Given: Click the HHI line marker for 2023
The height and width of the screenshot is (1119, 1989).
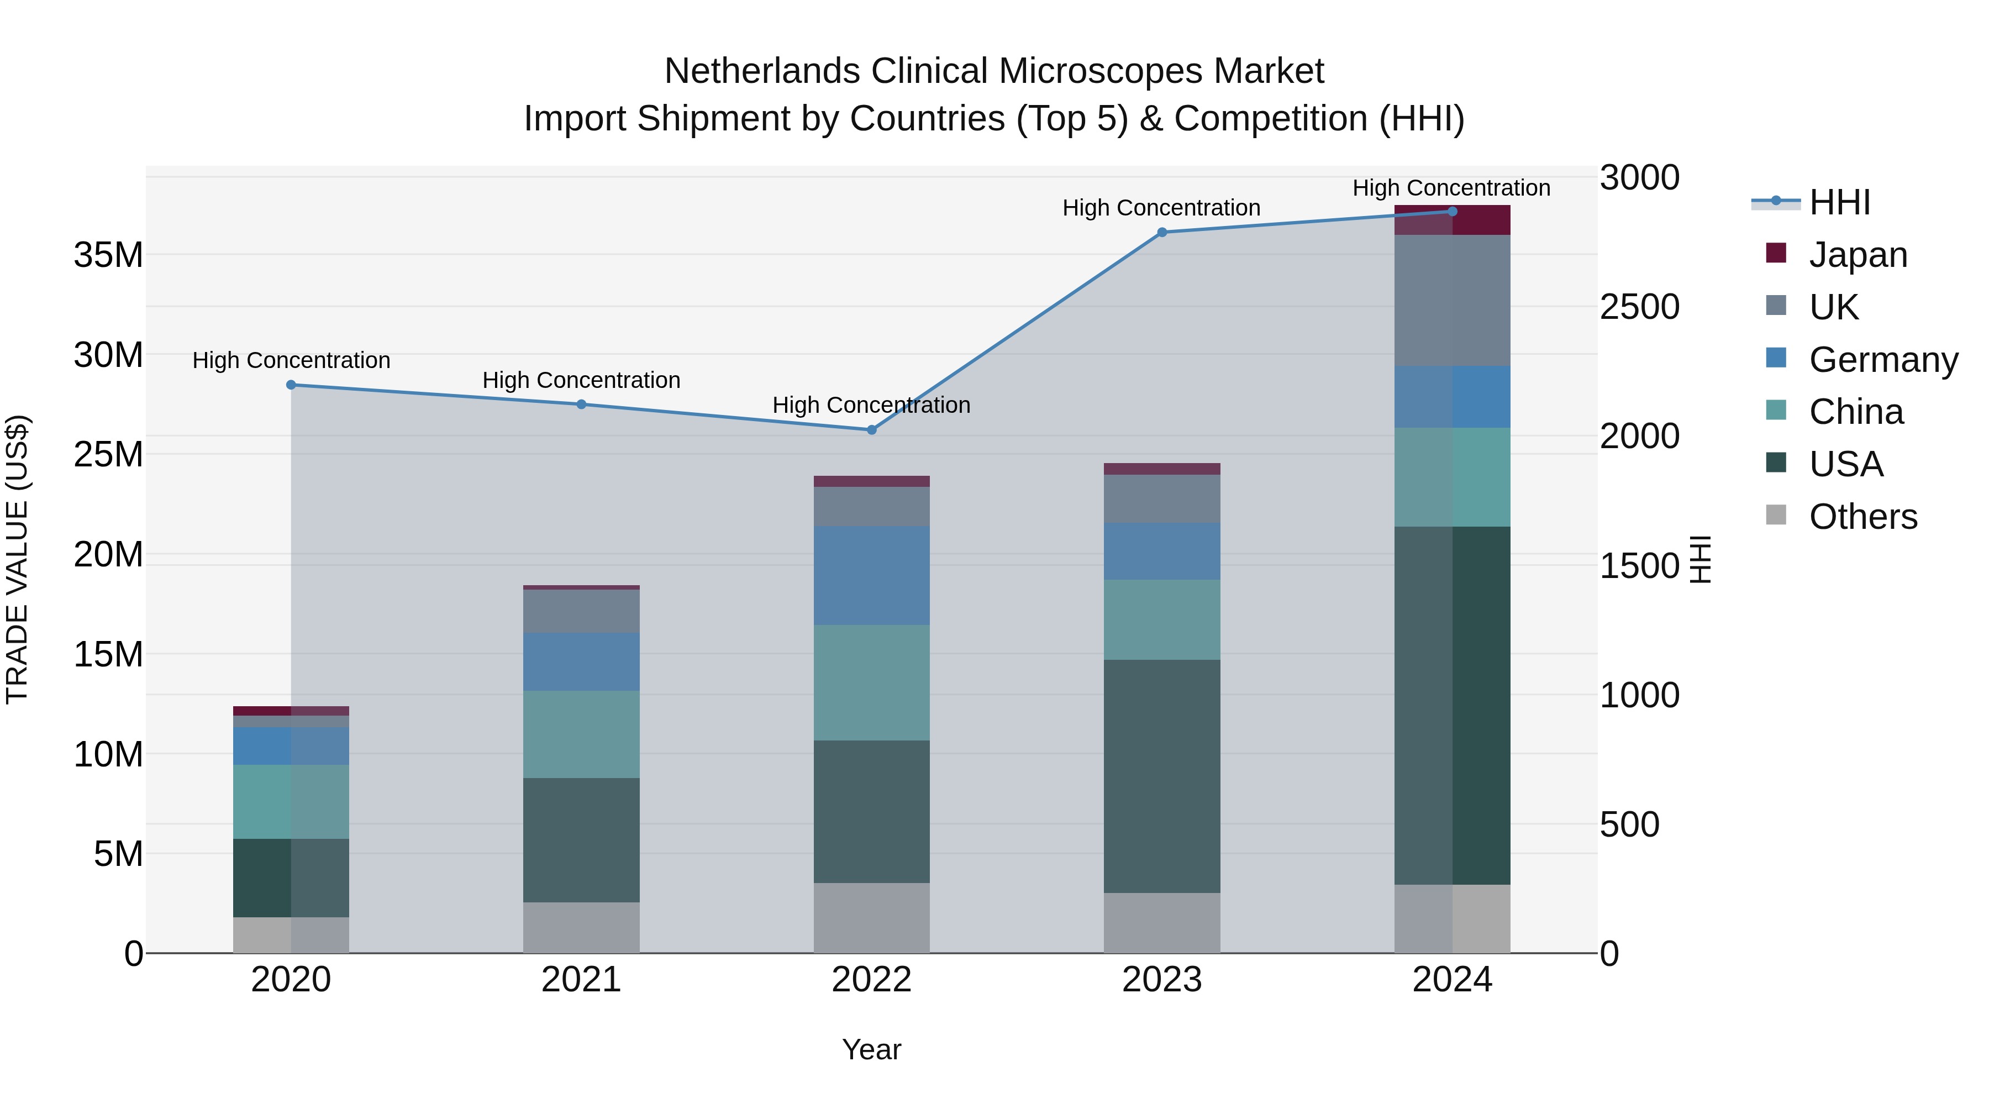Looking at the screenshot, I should point(1162,233).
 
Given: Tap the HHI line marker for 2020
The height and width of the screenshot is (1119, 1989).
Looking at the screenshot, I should point(291,385).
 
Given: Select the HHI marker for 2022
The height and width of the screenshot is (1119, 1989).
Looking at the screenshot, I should point(872,430).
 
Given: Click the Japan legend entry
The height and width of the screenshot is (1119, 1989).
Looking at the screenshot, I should point(1857,255).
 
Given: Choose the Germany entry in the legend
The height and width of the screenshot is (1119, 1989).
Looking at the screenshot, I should point(1882,360).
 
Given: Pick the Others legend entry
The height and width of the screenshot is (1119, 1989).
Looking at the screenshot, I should point(1862,517).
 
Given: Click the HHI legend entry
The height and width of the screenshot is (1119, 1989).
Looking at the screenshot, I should point(1839,202).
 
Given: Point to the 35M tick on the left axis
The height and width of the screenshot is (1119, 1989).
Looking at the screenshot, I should point(108,255).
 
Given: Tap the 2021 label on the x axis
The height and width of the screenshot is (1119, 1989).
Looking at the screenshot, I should point(581,980).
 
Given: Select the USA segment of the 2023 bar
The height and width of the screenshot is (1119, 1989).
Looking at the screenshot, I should point(1162,776).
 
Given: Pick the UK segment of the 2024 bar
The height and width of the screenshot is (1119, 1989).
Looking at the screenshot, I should point(1453,301).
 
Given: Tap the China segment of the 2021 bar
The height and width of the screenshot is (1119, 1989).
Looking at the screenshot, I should point(581,734).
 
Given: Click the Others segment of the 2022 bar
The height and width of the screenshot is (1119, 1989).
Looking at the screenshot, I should point(872,918).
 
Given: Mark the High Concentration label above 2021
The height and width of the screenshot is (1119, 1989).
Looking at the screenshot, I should point(581,380).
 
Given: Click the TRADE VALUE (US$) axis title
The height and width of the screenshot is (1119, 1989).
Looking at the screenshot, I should point(17,559).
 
